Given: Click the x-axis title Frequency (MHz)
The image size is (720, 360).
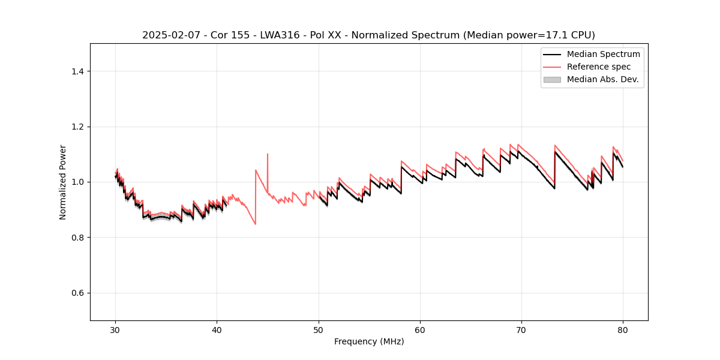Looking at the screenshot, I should (x=369, y=341).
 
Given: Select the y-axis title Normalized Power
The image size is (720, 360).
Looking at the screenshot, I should (x=63, y=182).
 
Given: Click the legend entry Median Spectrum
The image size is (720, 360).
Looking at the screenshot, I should (x=603, y=54).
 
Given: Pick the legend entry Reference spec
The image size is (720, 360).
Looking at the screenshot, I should (x=599, y=67).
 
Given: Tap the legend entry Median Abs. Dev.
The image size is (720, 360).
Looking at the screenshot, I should (x=602, y=79).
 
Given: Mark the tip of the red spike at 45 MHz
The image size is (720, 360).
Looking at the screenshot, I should (x=268, y=154).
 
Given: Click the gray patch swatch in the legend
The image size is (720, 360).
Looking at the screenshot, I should (x=552, y=79).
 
